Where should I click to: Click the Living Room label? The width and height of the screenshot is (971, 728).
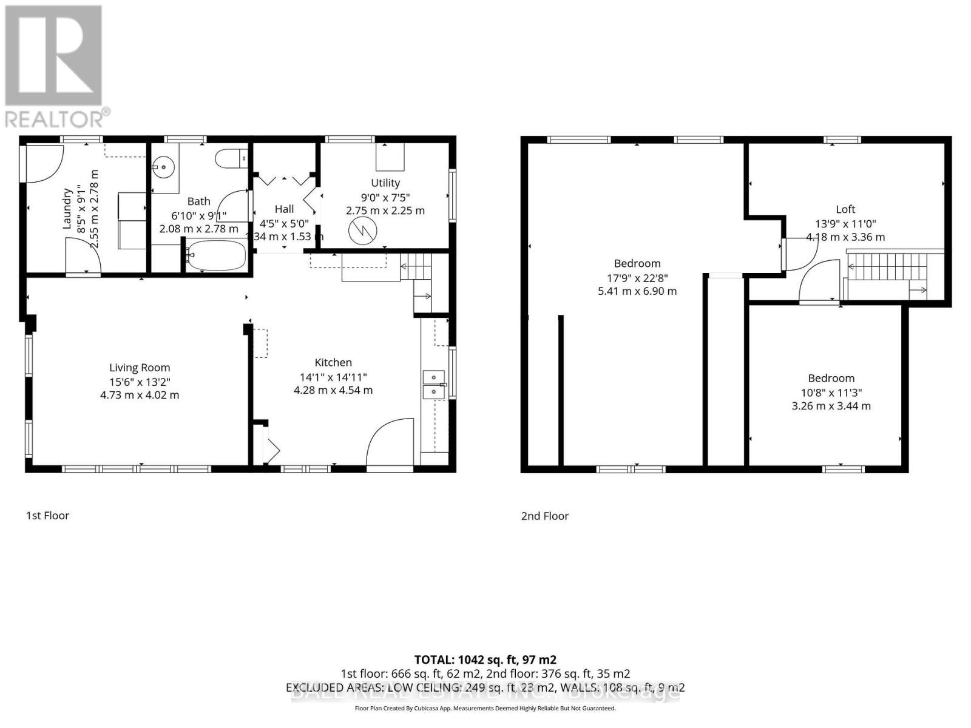[140, 368]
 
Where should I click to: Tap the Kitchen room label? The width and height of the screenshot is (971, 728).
[333, 363]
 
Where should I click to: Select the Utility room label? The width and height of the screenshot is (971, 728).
[385, 183]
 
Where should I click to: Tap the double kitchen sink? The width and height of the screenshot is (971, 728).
[433, 385]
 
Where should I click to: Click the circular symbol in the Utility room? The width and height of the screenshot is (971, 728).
[363, 231]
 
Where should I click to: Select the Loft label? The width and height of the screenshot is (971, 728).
[845, 209]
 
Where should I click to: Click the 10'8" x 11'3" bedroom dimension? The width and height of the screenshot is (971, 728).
[831, 393]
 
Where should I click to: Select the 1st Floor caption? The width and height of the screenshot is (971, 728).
[47, 516]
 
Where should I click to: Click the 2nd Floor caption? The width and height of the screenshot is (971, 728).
[544, 516]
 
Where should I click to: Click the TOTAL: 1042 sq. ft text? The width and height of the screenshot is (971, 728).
[485, 659]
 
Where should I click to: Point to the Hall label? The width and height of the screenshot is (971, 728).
[284, 209]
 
